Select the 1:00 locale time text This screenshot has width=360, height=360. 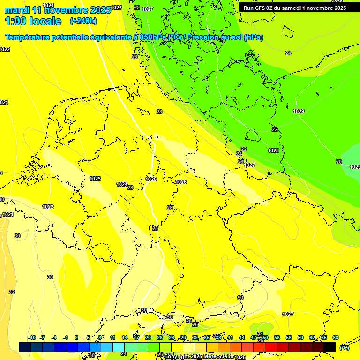point(33,21)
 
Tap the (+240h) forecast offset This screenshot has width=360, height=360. point(83,21)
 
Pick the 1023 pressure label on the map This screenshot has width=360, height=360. point(95,179)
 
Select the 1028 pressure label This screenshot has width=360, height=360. point(273,150)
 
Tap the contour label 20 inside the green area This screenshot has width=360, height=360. point(339,162)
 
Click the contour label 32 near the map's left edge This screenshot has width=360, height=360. point(12,292)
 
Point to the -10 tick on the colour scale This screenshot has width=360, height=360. point(32,337)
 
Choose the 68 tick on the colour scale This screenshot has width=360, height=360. point(336,337)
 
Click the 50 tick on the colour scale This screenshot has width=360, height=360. point(265,337)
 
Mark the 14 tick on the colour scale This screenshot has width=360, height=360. point(125,337)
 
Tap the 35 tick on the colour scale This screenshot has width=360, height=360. point(207,337)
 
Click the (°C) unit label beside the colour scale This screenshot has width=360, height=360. point(344,348)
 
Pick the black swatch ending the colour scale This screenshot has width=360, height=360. point(330,347)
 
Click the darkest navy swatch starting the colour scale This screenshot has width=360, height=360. point(25,347)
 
